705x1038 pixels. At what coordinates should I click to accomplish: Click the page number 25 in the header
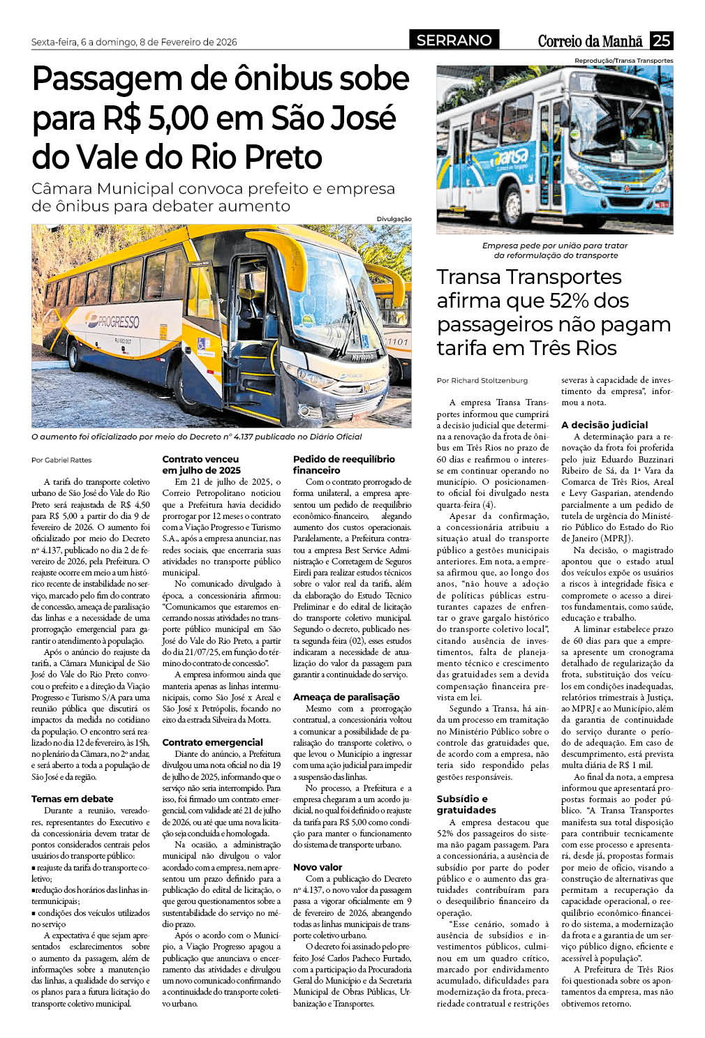click(x=661, y=40)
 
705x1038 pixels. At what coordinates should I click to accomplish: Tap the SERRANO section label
click(x=454, y=40)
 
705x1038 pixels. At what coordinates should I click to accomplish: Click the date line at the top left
click(x=134, y=42)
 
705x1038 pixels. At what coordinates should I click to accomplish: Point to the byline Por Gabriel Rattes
click(x=61, y=460)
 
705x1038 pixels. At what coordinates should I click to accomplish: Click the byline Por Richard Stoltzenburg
click(x=482, y=380)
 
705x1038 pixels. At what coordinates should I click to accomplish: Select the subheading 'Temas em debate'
click(x=72, y=799)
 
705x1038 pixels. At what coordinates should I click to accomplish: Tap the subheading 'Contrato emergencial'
click(x=212, y=742)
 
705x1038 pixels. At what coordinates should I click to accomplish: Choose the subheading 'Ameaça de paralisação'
click(x=346, y=697)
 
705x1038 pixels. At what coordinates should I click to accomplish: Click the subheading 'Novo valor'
click(x=318, y=867)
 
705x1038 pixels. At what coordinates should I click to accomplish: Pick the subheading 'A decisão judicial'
click(x=604, y=425)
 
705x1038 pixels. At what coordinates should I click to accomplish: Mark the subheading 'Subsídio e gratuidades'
click(x=466, y=804)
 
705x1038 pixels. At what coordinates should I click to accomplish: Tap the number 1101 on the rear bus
click(x=397, y=342)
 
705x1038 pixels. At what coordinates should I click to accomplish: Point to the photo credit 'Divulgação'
click(x=394, y=219)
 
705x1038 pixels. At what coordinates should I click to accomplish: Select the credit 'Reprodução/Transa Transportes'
click(x=623, y=61)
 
